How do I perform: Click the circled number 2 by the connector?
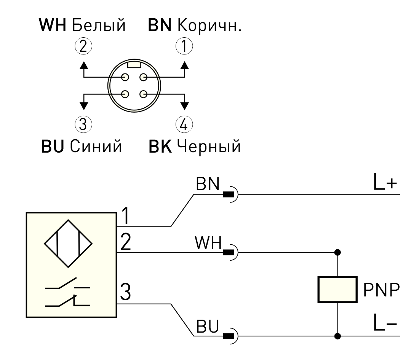[x=83, y=46]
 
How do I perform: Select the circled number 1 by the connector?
[x=184, y=46]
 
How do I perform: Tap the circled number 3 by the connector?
[x=83, y=124]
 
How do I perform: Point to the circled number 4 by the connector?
[x=184, y=124]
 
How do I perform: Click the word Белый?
[x=99, y=25]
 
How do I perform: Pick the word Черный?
[x=209, y=147]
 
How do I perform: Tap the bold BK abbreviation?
[x=160, y=147]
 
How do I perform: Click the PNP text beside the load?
[x=381, y=290]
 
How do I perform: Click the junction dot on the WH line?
[x=337, y=252]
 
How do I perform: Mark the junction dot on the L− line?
[x=337, y=336]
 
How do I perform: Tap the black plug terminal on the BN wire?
[x=229, y=194]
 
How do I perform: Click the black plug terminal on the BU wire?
[x=229, y=336]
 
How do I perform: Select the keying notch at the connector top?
[x=134, y=65]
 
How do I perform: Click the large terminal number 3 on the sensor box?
[x=125, y=292]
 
